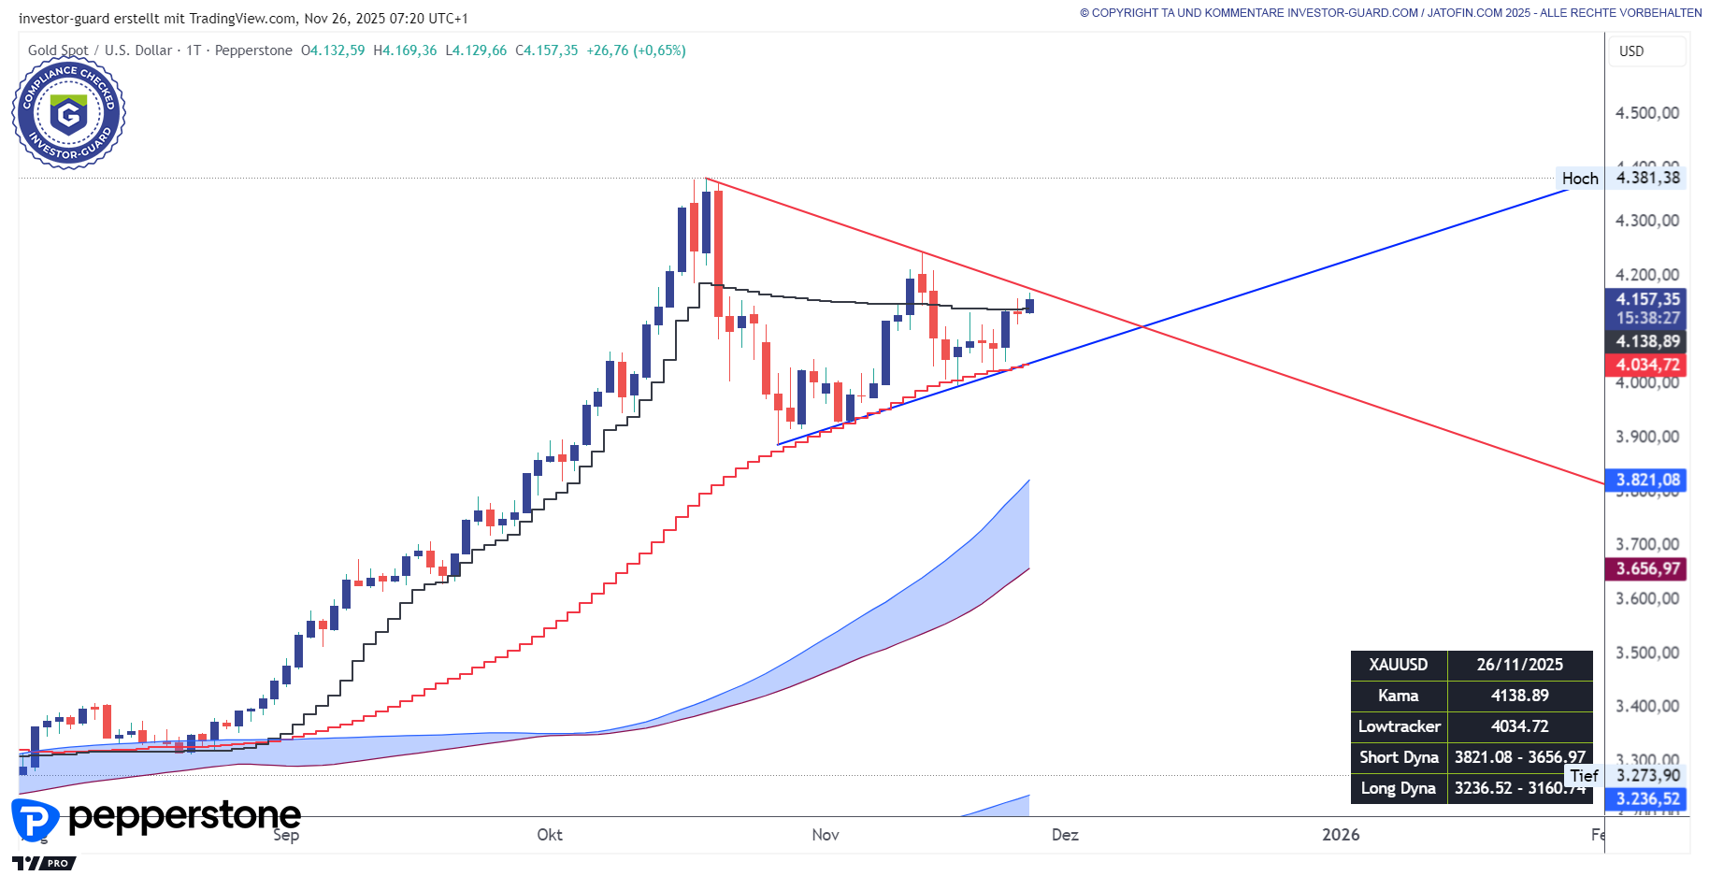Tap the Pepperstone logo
coord(156,817)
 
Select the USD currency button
coord(1631,51)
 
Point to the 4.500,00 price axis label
coord(1647,113)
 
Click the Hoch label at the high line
coord(1580,179)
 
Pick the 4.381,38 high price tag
coord(1647,178)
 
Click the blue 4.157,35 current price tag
coord(1647,299)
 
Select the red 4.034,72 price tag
coord(1647,365)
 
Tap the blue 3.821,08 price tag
coord(1647,481)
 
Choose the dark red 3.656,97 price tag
coord(1647,568)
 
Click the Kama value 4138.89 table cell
coord(1519,696)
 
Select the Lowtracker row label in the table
coord(1399,726)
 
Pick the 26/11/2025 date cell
coord(1519,665)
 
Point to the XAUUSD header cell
coord(1399,665)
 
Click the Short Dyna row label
coord(1399,757)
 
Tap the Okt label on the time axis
coord(550,835)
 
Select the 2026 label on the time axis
coord(1341,835)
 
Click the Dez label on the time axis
coord(1065,835)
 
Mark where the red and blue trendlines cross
coord(1142,326)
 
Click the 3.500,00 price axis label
coord(1647,653)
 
